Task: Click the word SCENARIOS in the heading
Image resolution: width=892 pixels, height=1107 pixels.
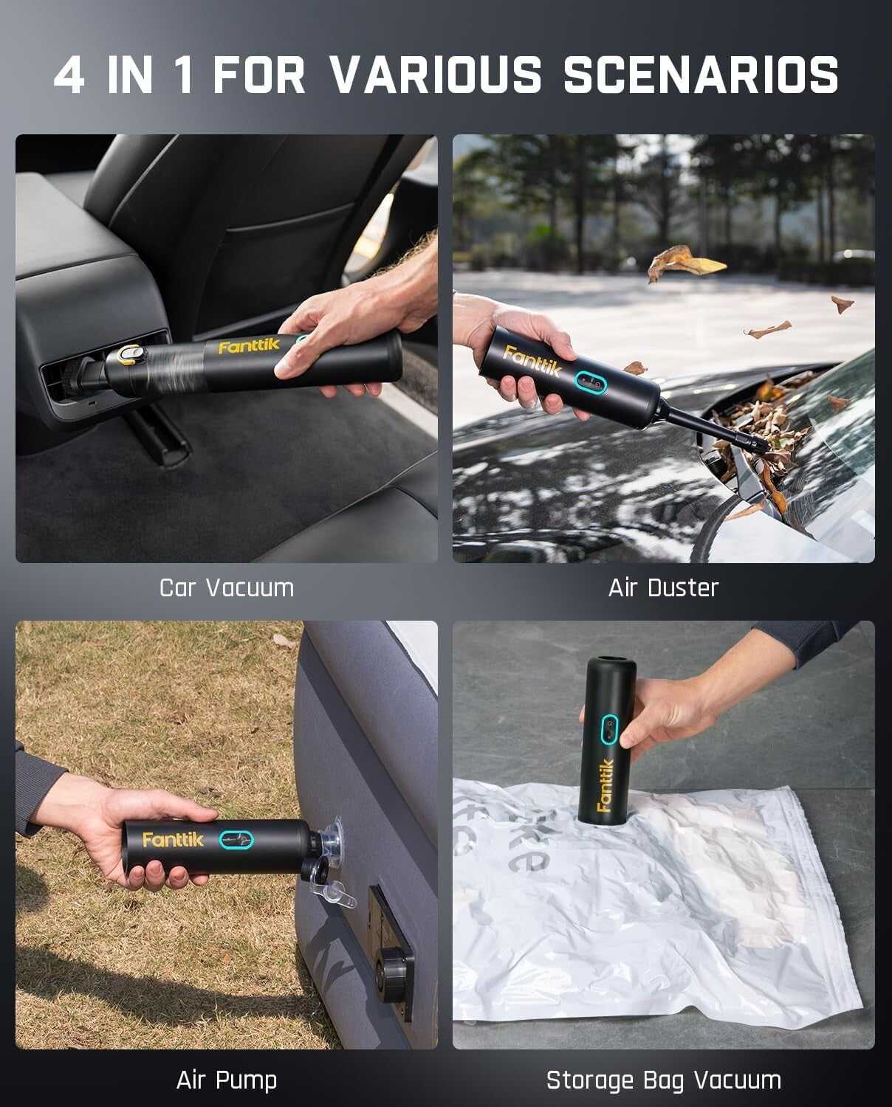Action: (701, 75)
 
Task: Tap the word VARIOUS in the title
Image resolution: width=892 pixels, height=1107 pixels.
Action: (436, 75)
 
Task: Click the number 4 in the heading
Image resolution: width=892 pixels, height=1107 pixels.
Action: (69, 75)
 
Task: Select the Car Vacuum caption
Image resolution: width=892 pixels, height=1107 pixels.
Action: (227, 588)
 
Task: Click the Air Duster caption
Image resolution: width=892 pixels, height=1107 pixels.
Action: (663, 588)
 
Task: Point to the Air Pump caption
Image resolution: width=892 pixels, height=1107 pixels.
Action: (227, 1080)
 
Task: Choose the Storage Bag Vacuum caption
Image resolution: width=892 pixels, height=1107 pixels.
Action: (663, 1080)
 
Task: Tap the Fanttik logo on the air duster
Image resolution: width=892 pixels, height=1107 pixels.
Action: (532, 361)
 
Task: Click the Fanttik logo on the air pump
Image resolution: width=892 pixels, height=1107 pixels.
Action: (172, 840)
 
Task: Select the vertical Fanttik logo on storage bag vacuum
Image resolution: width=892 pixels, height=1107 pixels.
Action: (605, 785)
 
